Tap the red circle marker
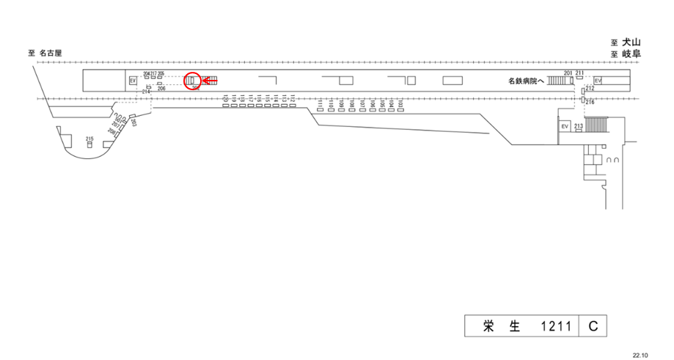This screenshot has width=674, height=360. [x=192, y=81]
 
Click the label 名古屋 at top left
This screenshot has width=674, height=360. [x=51, y=53]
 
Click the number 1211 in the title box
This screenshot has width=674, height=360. [x=555, y=326]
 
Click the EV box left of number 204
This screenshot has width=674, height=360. [x=133, y=81]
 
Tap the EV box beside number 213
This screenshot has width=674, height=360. [x=565, y=127]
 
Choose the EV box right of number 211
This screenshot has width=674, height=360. [x=598, y=81]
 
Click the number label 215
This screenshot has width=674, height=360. [x=89, y=139]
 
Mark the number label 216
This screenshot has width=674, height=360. [x=590, y=103]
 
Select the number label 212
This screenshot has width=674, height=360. [x=589, y=88]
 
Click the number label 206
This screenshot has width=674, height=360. [x=161, y=89]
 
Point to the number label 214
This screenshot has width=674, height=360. [x=146, y=91]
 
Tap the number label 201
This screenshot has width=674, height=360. [x=568, y=73]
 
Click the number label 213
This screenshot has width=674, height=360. [x=578, y=126]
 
